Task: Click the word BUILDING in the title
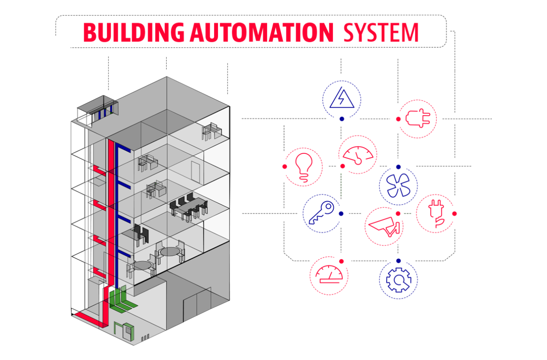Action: click(134, 33)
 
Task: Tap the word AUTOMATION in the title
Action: click(261, 33)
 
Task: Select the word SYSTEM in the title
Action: click(380, 33)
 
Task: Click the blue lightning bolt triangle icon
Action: click(341, 99)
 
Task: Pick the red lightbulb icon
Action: click(304, 167)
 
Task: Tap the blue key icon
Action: click(321, 213)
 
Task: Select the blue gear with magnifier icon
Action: click(398, 280)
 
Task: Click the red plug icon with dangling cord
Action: click(435, 213)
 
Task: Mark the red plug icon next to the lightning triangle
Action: click(418, 119)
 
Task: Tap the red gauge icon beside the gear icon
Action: click(329, 276)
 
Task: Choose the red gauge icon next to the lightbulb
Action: click(358, 155)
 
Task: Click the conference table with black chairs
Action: click(188, 207)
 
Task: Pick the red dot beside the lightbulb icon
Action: click(284, 166)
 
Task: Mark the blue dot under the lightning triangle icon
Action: click(341, 119)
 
